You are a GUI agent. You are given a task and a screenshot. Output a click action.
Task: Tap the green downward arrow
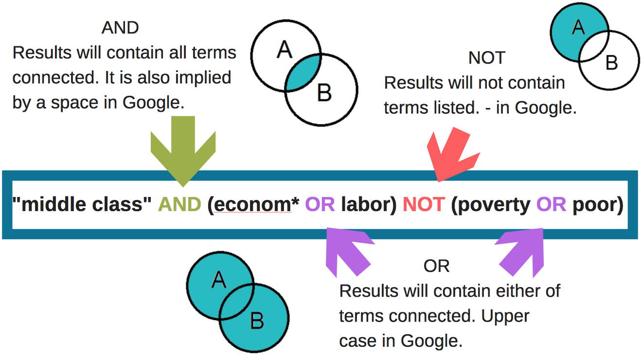(x=183, y=151)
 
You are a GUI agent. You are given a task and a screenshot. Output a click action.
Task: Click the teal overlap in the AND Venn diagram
(x=303, y=73)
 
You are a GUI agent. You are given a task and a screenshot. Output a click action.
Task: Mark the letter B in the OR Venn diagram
(x=256, y=321)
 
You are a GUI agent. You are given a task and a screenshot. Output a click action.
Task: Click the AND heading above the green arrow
(x=120, y=28)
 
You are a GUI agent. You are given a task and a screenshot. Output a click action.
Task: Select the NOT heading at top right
(x=487, y=58)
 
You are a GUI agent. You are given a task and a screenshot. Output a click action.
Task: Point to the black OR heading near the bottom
(x=436, y=266)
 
